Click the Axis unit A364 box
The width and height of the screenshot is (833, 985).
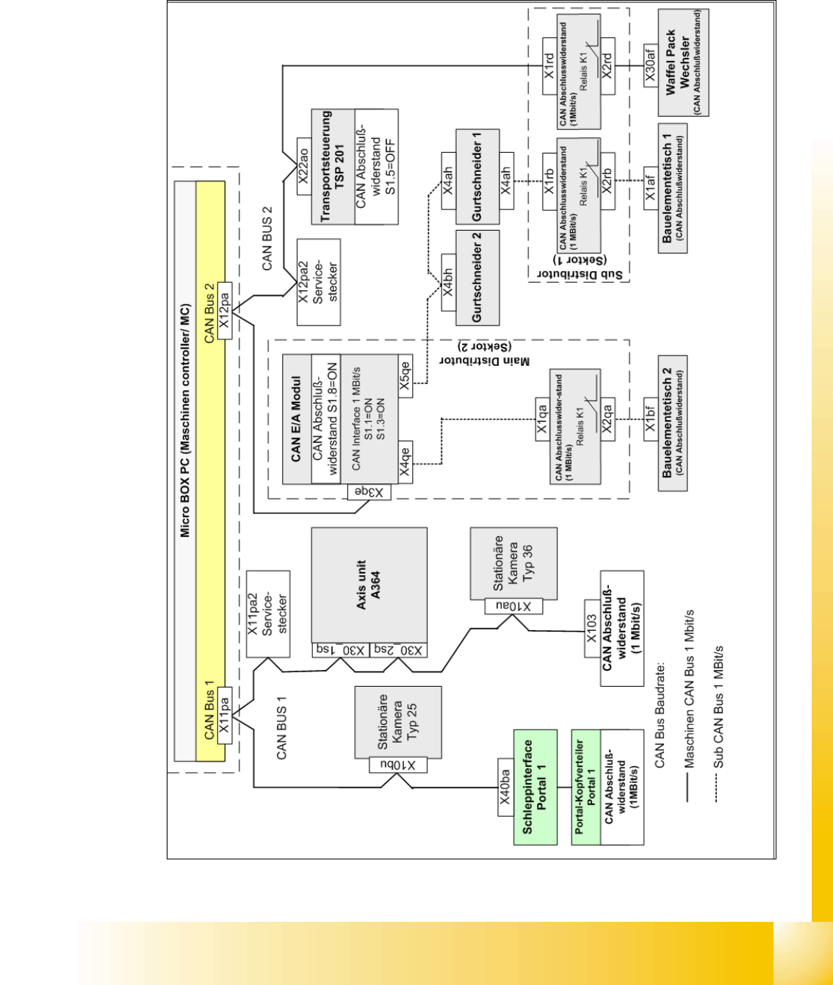[369, 585]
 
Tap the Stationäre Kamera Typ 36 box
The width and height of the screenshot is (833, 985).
[513, 563]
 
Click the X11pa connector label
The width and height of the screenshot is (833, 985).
[224, 715]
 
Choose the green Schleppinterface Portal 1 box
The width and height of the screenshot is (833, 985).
[535, 786]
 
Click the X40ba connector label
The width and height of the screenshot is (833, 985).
[505, 787]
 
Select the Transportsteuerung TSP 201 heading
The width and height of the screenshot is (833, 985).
[333, 166]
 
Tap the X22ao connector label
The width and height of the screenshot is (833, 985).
[303, 166]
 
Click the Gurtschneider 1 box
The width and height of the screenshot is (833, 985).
[477, 176]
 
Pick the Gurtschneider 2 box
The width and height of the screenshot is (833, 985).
[477, 277]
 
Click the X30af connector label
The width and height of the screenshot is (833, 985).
[650, 65]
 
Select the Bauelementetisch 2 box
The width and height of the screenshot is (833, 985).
[672, 422]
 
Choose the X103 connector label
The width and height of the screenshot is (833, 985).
[592, 628]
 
